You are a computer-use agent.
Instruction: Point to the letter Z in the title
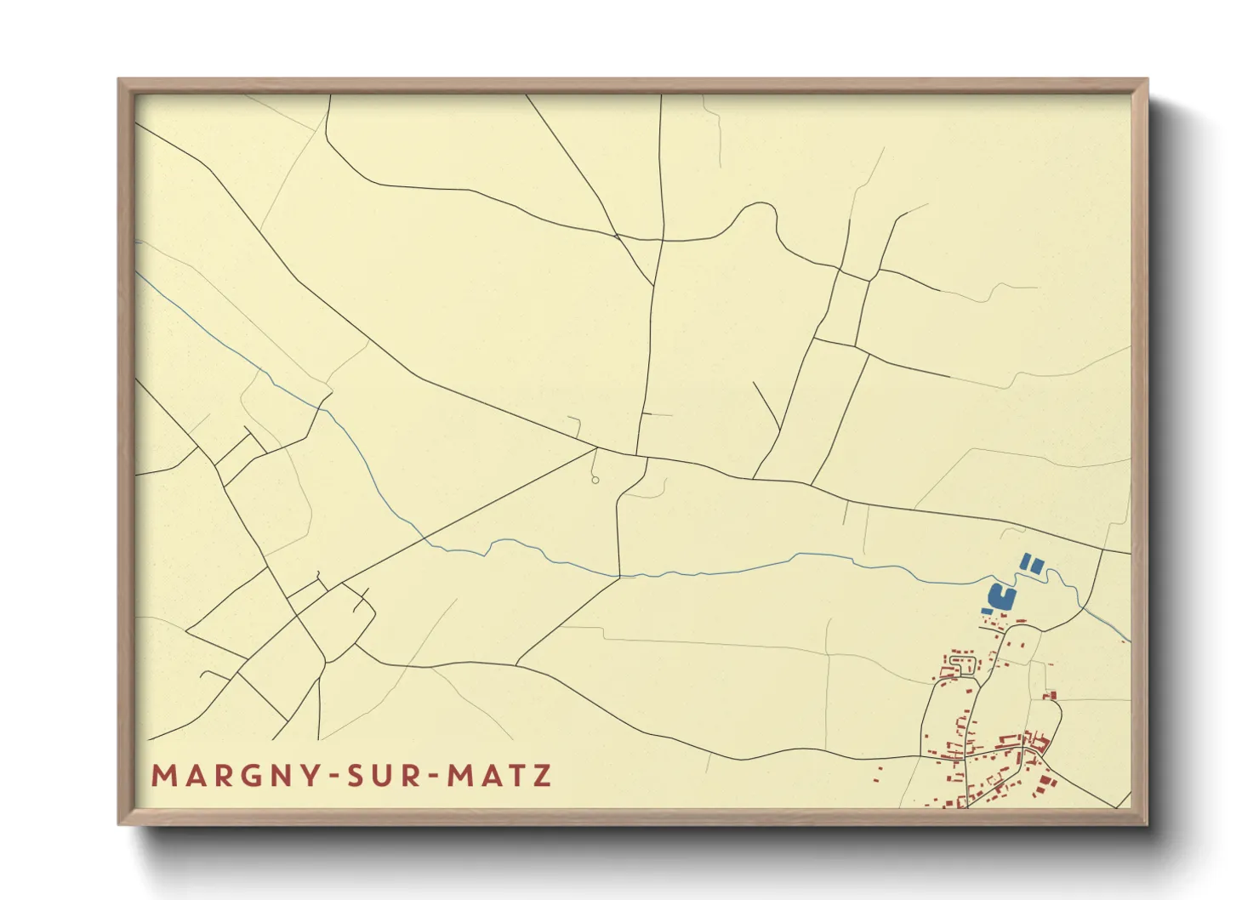(x=542, y=776)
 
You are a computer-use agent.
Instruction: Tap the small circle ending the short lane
(x=595, y=481)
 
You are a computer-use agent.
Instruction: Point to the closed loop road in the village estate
(x=962, y=663)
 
